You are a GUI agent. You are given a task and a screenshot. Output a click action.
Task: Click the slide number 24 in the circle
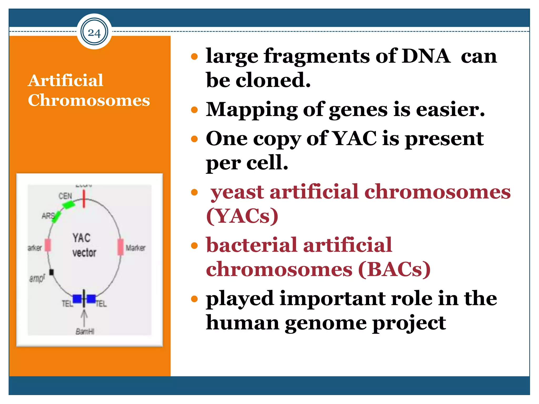tap(94, 33)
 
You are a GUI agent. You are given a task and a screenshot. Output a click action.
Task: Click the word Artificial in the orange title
tap(66, 80)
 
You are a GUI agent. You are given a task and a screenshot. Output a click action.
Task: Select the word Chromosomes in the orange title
tap(89, 100)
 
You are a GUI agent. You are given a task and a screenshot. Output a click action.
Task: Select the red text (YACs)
tap(242, 216)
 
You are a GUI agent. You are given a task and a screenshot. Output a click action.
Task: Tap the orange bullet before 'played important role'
tap(194, 299)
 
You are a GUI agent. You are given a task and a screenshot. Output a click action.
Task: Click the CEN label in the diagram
tap(65, 196)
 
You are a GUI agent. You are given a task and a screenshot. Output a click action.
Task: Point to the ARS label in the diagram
tap(48, 216)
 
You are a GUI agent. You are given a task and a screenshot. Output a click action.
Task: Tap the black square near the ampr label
tap(52, 272)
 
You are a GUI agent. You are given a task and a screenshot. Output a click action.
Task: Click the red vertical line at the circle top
tap(84, 199)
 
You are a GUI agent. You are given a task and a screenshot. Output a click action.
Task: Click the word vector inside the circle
tap(84, 253)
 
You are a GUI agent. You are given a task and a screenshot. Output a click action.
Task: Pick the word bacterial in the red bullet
tap(252, 245)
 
